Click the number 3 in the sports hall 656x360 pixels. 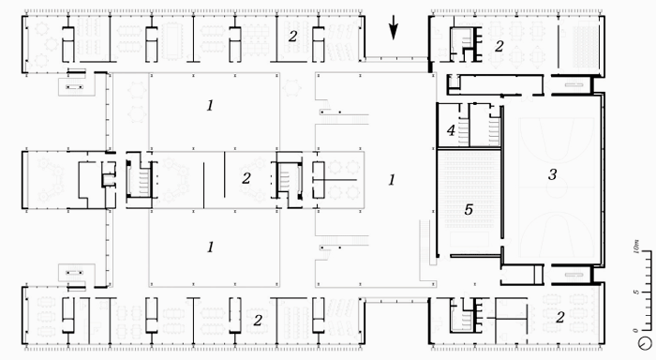(x=552, y=174)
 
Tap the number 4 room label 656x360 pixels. (x=451, y=130)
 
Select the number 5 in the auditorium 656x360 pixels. (x=469, y=209)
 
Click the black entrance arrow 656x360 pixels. (x=394, y=27)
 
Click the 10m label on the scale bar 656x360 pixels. (x=636, y=247)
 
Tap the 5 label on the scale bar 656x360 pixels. (x=636, y=292)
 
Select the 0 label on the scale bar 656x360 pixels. (x=636, y=331)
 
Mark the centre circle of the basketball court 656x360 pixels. (x=557, y=187)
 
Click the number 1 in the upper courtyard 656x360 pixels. (x=210, y=106)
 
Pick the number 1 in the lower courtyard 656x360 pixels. (x=210, y=247)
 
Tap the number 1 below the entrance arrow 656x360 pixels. (x=392, y=180)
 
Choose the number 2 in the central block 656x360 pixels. (x=246, y=178)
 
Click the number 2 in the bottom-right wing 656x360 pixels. (x=559, y=317)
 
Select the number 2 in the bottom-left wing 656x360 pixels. (x=258, y=321)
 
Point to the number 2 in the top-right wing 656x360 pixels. (x=499, y=47)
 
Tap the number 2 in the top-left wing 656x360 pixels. (x=292, y=37)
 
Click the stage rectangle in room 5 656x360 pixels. (x=470, y=239)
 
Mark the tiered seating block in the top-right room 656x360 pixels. (x=585, y=46)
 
